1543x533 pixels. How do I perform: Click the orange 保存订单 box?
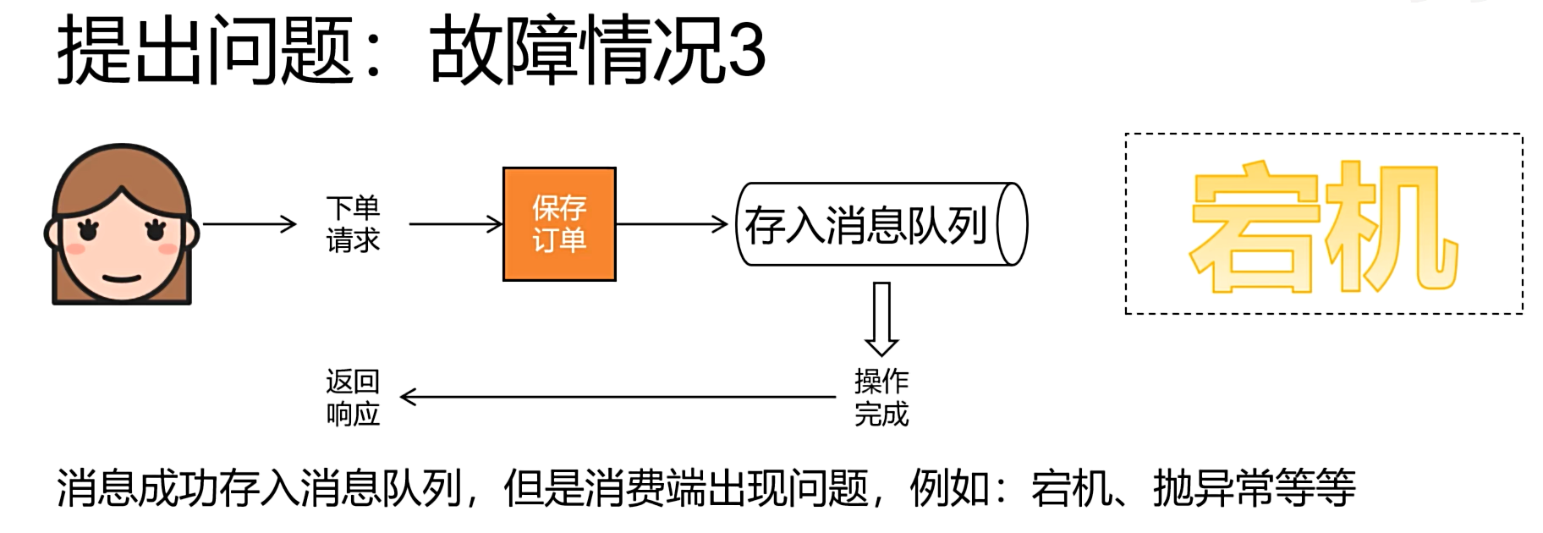pyautogui.click(x=559, y=224)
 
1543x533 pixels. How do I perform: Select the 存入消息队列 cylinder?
pyautogui.click(x=871, y=225)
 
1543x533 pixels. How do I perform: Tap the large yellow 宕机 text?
pyautogui.click(x=1323, y=227)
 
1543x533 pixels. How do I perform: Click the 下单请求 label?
pyautogui.click(x=353, y=224)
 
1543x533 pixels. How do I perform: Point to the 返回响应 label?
pyautogui.click(x=353, y=397)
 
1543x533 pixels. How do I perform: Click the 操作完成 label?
pyautogui.click(x=881, y=397)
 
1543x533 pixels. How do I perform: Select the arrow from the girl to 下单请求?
pyautogui.click(x=250, y=224)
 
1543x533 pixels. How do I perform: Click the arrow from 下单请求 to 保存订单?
pyautogui.click(x=456, y=224)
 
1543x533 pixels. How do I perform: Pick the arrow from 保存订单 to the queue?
pyautogui.click(x=672, y=224)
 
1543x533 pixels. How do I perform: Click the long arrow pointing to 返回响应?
pyautogui.click(x=618, y=397)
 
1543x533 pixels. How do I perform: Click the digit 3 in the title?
pyautogui.click(x=746, y=51)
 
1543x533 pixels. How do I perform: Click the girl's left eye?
pyautogui.click(x=88, y=228)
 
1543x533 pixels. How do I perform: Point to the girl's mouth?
pyautogui.click(x=122, y=277)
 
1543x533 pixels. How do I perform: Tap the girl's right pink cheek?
pyautogui.click(x=168, y=249)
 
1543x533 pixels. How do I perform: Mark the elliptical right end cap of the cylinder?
pyautogui.click(x=1012, y=225)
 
